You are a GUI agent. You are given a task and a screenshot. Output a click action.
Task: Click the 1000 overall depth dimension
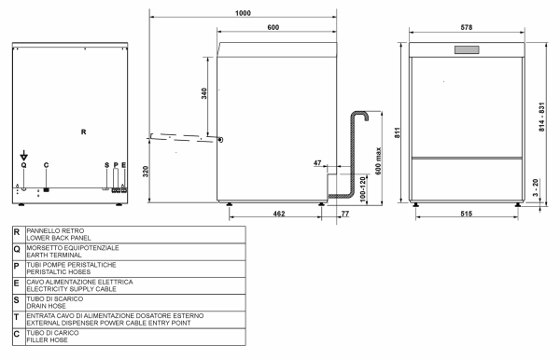(243, 12)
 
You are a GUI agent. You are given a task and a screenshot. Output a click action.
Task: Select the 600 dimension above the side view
(273, 28)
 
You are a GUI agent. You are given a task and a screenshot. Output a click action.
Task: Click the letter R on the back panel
(83, 132)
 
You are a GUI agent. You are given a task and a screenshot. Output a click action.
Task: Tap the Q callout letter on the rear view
(24, 164)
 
